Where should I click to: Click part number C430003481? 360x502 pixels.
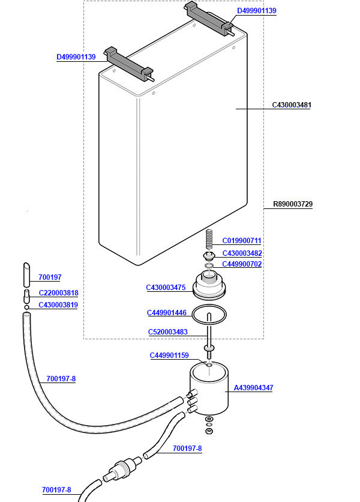tap(291, 104)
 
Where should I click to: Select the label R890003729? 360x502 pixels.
tap(292, 204)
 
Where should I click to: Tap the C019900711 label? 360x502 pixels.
tap(242, 240)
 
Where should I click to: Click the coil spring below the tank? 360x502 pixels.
tap(209, 240)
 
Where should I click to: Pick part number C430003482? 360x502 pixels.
tap(242, 253)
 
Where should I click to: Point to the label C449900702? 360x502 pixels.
tap(242, 264)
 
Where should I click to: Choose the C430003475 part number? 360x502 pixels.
tap(166, 288)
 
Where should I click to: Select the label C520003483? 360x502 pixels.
tap(167, 331)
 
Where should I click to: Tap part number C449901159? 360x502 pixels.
tap(169, 355)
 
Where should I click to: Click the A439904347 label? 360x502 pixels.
tap(253, 388)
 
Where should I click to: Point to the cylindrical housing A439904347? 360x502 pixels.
tap(209, 389)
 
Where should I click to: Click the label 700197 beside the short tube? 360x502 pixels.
tap(50, 277)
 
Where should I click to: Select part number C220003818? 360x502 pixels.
tap(59, 293)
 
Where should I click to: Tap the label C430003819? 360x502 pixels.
tap(58, 305)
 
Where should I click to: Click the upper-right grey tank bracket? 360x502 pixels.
tap(209, 19)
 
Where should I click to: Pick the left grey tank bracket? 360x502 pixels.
tap(129, 64)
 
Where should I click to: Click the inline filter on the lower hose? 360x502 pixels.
tap(122, 469)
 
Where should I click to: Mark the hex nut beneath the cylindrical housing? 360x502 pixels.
tap(209, 431)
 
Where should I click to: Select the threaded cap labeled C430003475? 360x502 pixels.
tap(209, 285)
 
